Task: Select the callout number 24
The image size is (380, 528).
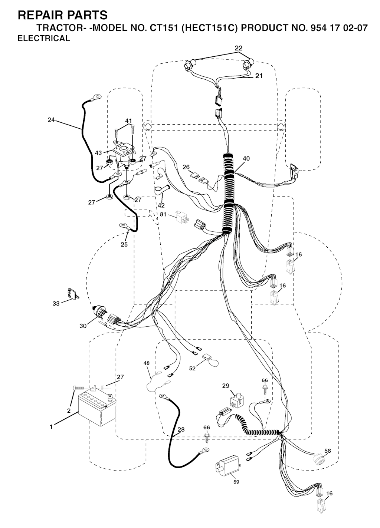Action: [51, 120]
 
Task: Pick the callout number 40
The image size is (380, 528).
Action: [246, 159]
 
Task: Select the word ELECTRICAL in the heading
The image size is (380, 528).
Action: [44, 39]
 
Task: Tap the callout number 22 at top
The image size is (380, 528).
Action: [238, 48]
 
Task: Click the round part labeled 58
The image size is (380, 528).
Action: [318, 458]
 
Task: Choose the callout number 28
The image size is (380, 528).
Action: [181, 430]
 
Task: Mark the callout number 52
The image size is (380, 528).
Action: [192, 368]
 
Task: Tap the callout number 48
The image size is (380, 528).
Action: [147, 363]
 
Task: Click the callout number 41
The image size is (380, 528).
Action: [128, 121]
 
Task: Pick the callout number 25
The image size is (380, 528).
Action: [124, 244]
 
